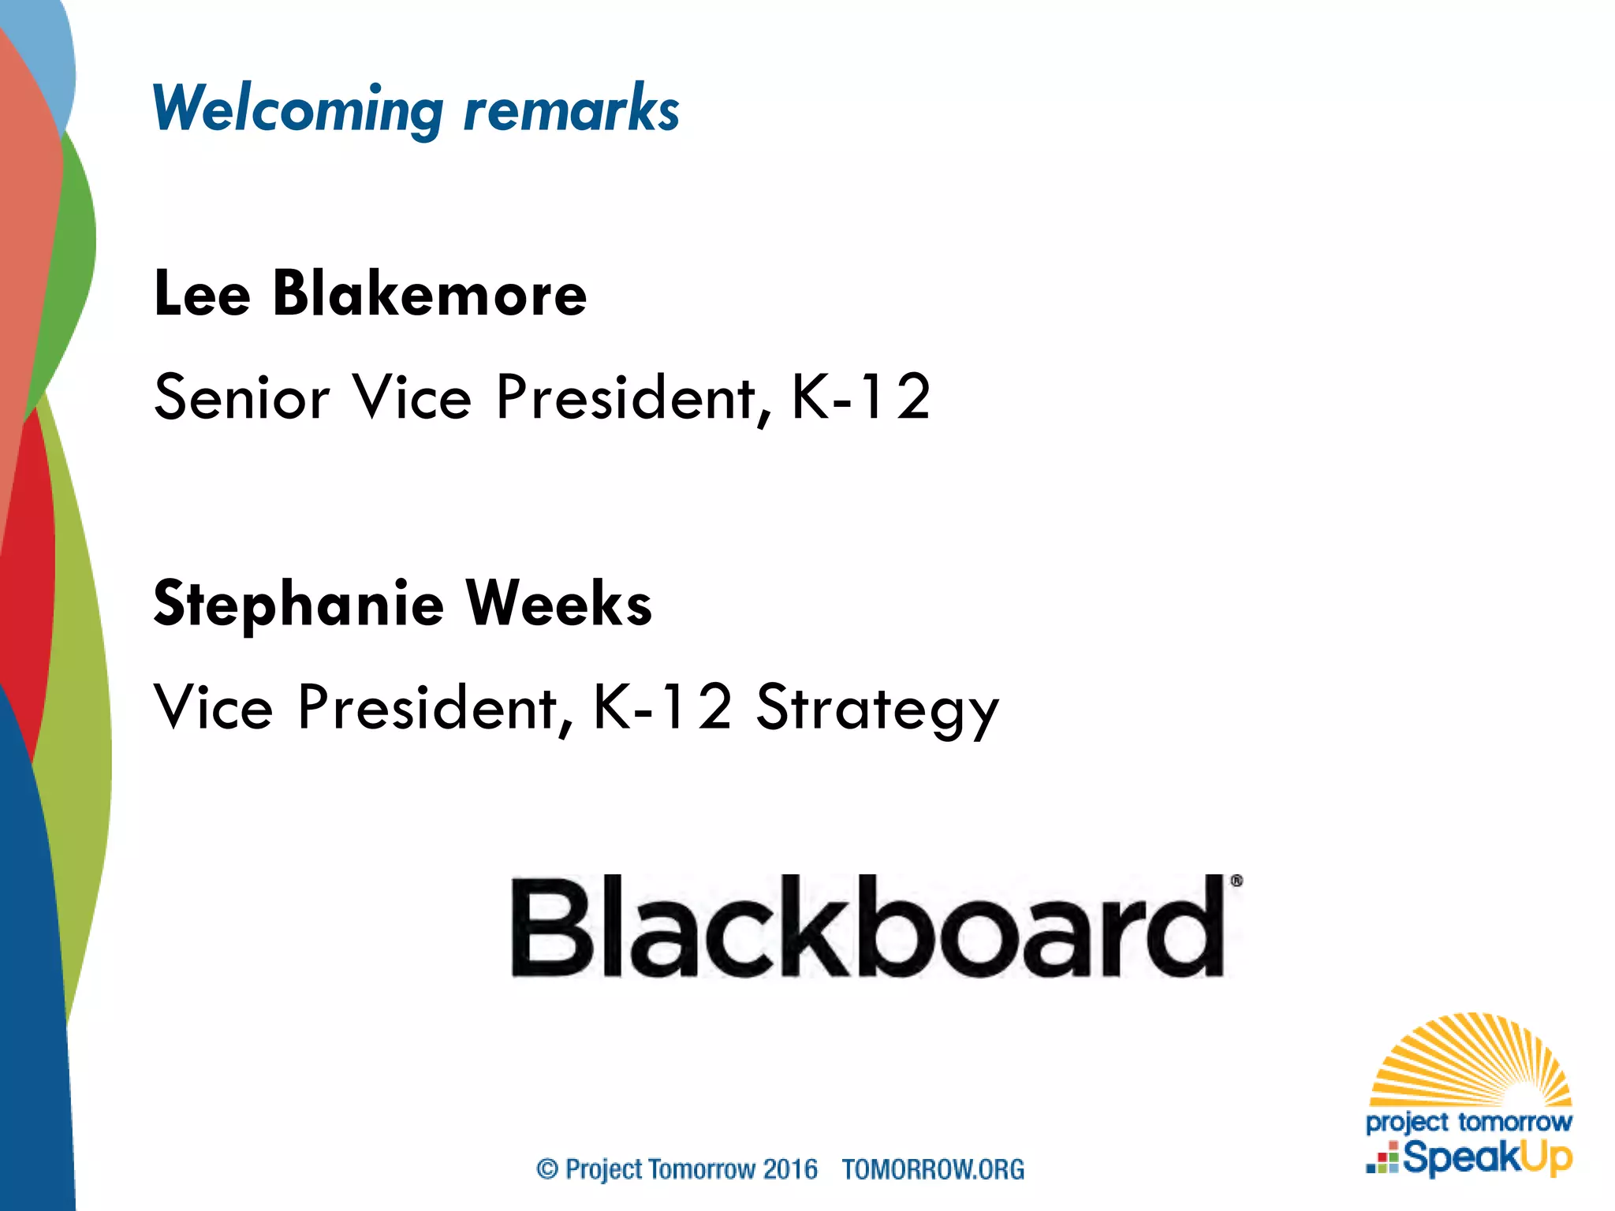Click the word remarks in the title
pyautogui.click(x=571, y=109)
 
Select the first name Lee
pyautogui.click(x=202, y=294)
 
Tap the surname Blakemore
pyautogui.click(x=430, y=294)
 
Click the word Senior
pyautogui.click(x=241, y=397)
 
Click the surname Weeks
pyautogui.click(x=559, y=604)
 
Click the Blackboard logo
pyautogui.click(x=867, y=926)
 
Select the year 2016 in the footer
pyautogui.click(x=790, y=1168)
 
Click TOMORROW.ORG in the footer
pyautogui.click(x=933, y=1168)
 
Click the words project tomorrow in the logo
pyautogui.click(x=1468, y=1121)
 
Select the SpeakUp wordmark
pyautogui.click(x=1486, y=1157)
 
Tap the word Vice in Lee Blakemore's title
pyautogui.click(x=412, y=397)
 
